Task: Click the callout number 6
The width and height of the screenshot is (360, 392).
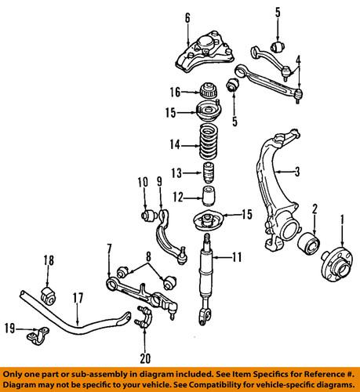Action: pos(187,17)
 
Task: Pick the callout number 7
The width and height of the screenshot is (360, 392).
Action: pos(108,249)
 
